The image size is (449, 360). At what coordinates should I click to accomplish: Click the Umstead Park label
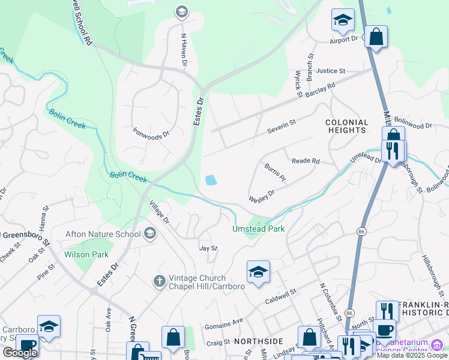point(258,229)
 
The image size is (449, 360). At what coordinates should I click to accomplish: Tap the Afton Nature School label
point(104,234)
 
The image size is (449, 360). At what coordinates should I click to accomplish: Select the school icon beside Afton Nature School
point(150,233)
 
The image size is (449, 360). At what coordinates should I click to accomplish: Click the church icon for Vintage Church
point(159,280)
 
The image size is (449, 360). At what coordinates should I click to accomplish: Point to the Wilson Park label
point(86,254)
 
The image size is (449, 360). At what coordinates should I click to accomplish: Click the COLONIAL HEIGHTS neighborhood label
point(346,125)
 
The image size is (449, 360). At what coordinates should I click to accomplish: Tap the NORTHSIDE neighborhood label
point(258,341)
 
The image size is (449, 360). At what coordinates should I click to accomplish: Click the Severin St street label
point(282,123)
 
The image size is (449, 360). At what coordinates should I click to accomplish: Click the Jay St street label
point(208,247)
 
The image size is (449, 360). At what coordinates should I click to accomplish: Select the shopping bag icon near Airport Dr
point(376,37)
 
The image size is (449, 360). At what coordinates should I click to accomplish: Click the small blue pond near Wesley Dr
point(211,179)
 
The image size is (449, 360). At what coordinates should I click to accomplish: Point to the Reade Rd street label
point(306,161)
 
